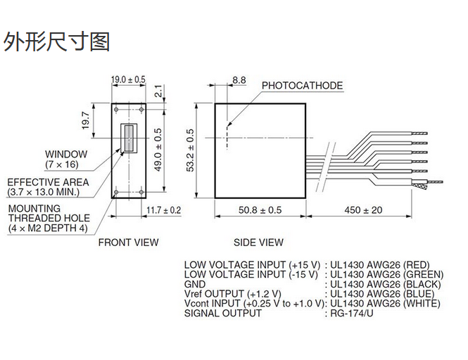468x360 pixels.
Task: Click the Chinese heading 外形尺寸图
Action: [56, 41]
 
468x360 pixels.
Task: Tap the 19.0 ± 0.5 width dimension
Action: [128, 79]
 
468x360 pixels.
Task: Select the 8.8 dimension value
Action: [239, 80]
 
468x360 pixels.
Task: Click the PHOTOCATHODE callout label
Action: [302, 86]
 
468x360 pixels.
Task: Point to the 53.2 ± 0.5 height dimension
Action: [190, 150]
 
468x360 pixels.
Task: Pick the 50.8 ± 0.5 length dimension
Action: [260, 210]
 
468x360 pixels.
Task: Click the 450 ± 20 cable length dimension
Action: [363, 210]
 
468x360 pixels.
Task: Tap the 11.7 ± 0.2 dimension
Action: [163, 210]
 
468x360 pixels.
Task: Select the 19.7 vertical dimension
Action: [86, 120]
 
